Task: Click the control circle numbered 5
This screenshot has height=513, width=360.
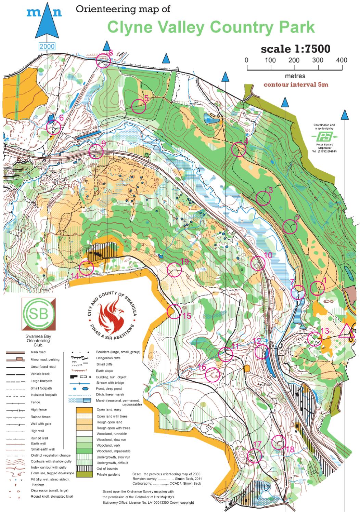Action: click(139, 106)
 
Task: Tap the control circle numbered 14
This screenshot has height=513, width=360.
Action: click(86, 267)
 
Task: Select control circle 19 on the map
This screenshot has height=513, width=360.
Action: click(174, 270)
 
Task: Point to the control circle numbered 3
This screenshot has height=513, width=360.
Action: click(263, 198)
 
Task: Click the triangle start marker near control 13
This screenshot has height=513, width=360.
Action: click(346, 331)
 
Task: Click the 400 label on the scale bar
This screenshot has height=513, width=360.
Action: click(341, 60)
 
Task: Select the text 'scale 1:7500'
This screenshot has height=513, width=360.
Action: click(295, 49)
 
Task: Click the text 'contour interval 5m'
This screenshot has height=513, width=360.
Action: click(296, 84)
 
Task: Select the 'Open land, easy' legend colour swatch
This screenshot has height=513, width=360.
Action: click(84, 410)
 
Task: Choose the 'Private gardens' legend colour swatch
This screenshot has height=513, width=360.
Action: click(84, 474)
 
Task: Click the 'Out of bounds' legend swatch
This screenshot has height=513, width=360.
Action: click(84, 469)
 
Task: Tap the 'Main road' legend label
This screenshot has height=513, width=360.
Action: click(38, 352)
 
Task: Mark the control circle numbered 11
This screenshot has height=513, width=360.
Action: click(226, 354)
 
